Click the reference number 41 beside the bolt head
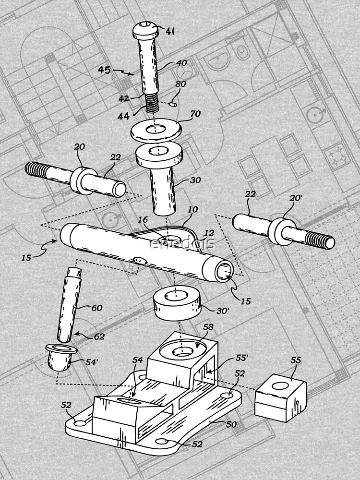(x=169, y=31)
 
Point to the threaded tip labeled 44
(x=152, y=103)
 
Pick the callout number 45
(x=104, y=70)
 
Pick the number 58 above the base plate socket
(x=208, y=327)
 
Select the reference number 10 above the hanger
(x=192, y=210)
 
